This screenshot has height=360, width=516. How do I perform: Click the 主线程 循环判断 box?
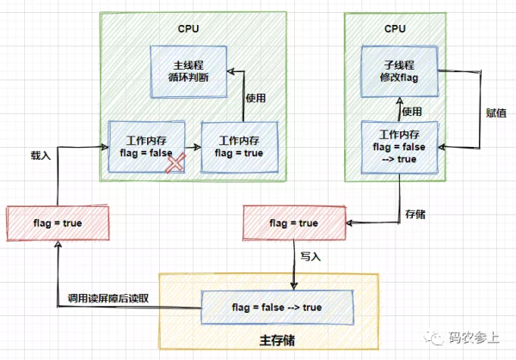188,71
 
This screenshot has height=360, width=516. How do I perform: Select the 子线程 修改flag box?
399,71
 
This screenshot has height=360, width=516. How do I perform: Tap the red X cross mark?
175,162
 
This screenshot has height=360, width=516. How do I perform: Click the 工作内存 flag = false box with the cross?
146,147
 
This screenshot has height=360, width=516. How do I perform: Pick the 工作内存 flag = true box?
239,147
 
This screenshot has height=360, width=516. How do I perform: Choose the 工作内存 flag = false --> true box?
400,147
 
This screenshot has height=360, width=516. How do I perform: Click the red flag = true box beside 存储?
294,223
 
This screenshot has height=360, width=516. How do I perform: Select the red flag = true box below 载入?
58,223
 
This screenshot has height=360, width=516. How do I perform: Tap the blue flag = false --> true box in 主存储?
277,308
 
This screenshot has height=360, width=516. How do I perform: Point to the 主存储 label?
277,340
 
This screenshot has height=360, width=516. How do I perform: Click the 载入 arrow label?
40,156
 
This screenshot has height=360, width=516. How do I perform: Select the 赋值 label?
496,113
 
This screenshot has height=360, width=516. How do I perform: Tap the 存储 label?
415,214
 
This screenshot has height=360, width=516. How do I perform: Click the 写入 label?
310,256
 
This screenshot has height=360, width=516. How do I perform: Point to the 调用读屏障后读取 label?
108,298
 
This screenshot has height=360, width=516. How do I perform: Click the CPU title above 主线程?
188,29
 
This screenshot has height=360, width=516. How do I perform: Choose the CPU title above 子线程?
395,29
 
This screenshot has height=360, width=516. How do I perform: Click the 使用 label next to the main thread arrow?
255,98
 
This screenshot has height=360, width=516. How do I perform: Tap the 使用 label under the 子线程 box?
412,112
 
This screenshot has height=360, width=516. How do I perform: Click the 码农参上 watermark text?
474,338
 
